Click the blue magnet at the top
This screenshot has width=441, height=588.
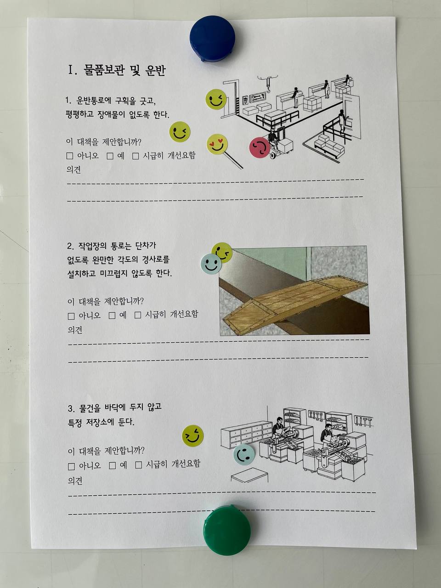(212, 38)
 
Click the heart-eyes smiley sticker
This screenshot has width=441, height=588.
(217, 144)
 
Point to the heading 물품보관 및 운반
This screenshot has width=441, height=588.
(124, 70)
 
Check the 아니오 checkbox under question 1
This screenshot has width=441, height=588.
(70, 156)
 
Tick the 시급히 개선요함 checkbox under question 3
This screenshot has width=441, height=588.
(139, 465)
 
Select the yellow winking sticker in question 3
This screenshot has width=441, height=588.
(193, 436)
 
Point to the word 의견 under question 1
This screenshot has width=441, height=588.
(73, 170)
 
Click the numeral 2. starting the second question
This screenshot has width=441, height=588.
(70, 246)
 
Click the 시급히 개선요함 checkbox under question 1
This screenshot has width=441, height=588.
(136, 156)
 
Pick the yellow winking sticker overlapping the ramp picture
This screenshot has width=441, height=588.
(222, 252)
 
